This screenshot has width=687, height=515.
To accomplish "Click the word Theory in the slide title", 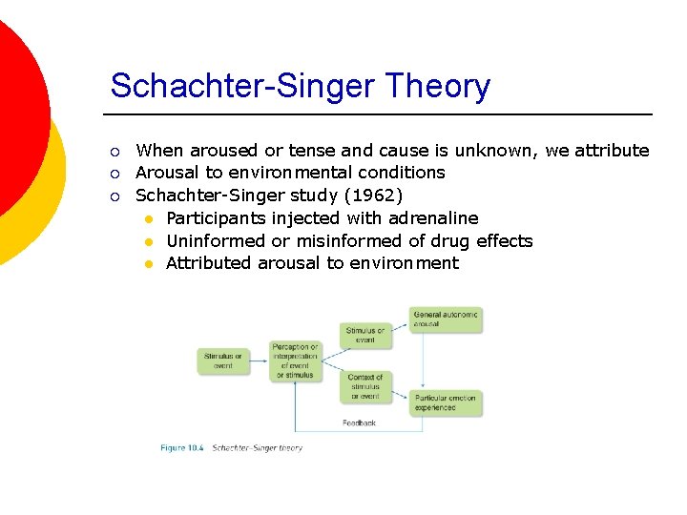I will pos(438,86).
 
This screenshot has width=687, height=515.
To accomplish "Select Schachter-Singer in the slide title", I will pos(244,86).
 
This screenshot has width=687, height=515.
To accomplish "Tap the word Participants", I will pos(217,218).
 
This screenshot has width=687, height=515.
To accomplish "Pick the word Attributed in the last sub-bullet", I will pos(209,262).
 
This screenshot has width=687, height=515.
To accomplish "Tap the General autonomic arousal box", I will pos(446,319).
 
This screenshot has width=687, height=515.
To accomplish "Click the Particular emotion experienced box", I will pos(446,402).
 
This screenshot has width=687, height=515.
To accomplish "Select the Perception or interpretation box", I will pos(295,361).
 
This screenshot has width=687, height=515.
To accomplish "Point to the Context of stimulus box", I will pos(364,386).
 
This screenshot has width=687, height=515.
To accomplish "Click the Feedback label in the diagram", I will pos(359,422).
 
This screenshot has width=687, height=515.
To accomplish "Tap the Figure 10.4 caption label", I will pos(181,447).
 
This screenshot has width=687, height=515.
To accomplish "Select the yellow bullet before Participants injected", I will pos(149,219).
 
